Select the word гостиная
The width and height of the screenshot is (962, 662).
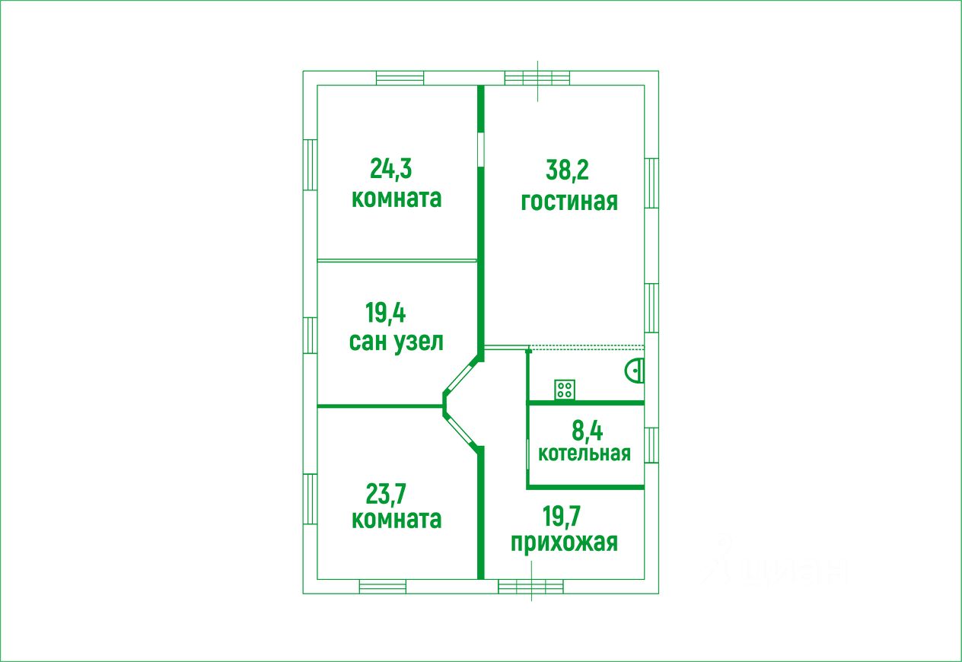click(569, 202)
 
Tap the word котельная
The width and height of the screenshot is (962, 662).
click(585, 454)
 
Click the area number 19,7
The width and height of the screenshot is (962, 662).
click(562, 517)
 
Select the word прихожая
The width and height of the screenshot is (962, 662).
click(564, 543)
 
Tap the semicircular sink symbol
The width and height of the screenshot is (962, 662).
click(635, 371)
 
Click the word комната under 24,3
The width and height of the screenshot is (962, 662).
click(396, 199)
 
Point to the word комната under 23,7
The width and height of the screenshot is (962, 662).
click(396, 520)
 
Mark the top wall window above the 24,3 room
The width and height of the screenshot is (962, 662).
click(400, 78)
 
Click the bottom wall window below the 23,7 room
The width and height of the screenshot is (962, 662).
click(382, 587)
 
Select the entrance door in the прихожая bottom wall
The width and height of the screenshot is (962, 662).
click(531, 587)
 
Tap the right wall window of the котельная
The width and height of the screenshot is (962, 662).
click(651, 445)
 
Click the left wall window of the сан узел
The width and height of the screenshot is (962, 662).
click(310, 336)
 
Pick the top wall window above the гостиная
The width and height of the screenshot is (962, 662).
click(537, 78)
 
